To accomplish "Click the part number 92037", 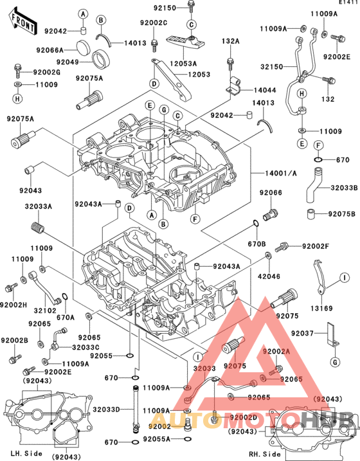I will pos(303,334).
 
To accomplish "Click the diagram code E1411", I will pos(347,3).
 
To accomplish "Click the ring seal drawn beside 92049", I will pos(100,61).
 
